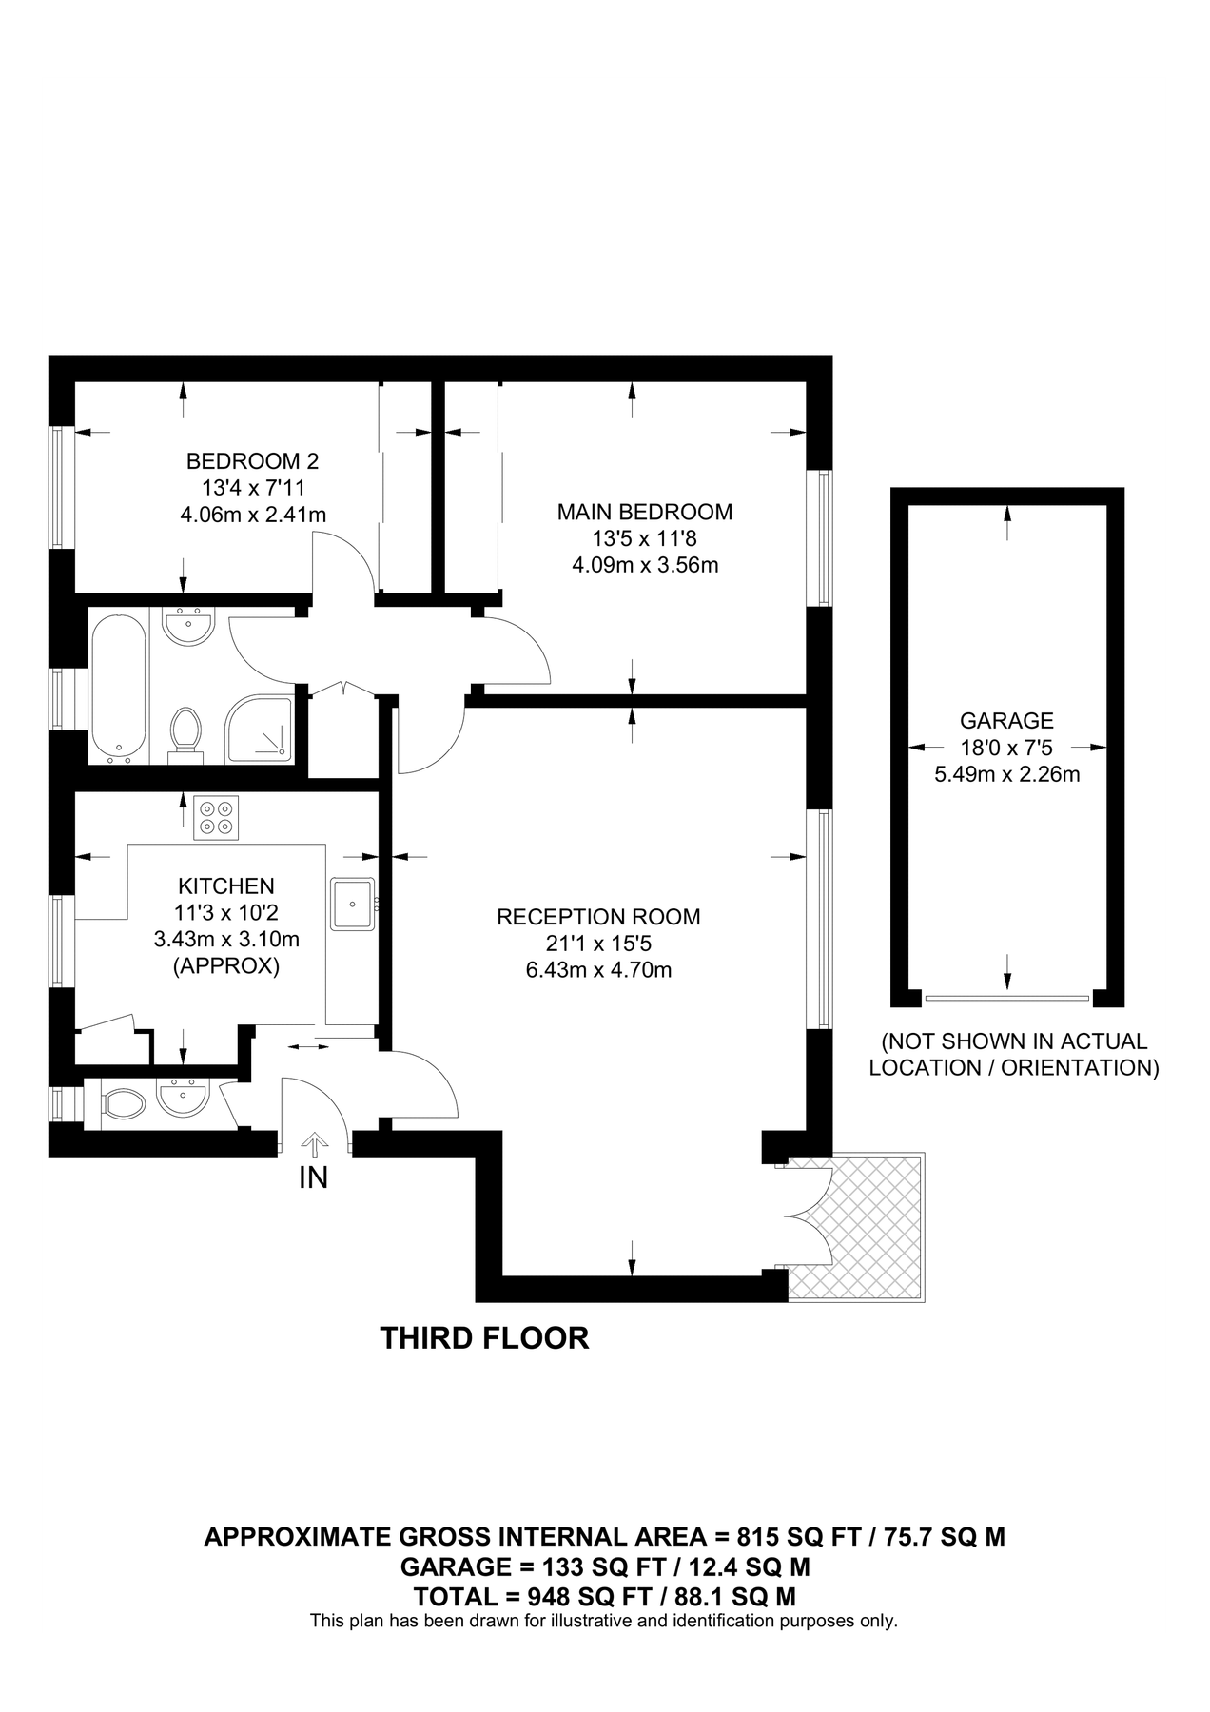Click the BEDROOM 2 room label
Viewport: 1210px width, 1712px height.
pos(252,462)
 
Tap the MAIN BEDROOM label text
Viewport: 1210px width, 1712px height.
pos(644,513)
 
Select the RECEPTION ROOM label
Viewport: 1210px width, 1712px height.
pos(598,918)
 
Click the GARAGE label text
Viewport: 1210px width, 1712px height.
pos(1006,721)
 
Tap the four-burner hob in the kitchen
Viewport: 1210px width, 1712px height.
pos(216,818)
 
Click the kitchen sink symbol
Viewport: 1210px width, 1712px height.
pos(353,904)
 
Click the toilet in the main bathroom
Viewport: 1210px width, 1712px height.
pos(186,734)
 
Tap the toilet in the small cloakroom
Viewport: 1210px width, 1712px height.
pos(122,1103)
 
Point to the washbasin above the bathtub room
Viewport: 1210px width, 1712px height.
pos(189,628)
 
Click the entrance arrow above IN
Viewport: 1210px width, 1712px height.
pos(314,1144)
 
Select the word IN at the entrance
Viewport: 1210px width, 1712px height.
pos(314,1178)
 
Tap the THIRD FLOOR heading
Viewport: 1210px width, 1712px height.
pos(484,1338)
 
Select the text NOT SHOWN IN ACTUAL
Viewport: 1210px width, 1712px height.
pos(1014,1041)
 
